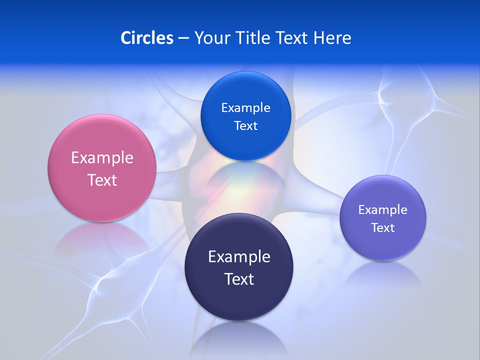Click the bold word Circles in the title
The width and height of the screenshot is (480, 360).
pos(146,37)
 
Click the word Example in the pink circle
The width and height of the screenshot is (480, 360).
pos(102,158)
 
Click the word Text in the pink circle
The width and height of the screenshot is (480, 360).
pos(102,180)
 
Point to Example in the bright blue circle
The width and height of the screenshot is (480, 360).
pos(245,107)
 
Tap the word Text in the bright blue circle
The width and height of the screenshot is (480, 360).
pos(245,125)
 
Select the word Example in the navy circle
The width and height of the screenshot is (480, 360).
pos(239,256)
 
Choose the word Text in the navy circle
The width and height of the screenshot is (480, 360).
pos(239,279)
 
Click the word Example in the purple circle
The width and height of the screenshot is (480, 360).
pos(383,209)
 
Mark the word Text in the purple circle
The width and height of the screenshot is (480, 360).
pos(383,227)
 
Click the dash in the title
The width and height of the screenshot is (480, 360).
pos(183,38)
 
